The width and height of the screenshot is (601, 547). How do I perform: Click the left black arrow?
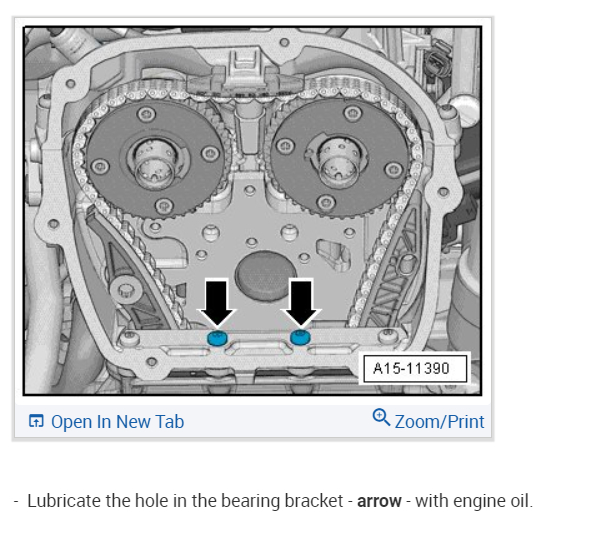click(x=217, y=302)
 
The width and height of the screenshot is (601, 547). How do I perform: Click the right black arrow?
click(x=301, y=302)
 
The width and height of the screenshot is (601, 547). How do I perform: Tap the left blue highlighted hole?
click(x=217, y=338)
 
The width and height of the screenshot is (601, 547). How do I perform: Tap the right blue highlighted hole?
click(x=300, y=337)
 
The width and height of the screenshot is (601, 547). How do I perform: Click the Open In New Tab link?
click(x=117, y=422)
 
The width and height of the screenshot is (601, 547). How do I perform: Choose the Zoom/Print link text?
click(x=439, y=422)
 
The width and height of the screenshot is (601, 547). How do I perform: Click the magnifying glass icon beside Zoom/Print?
click(x=381, y=417)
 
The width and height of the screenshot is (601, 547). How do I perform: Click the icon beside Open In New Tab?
click(x=36, y=421)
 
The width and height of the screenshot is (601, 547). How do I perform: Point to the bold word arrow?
click(x=379, y=501)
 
